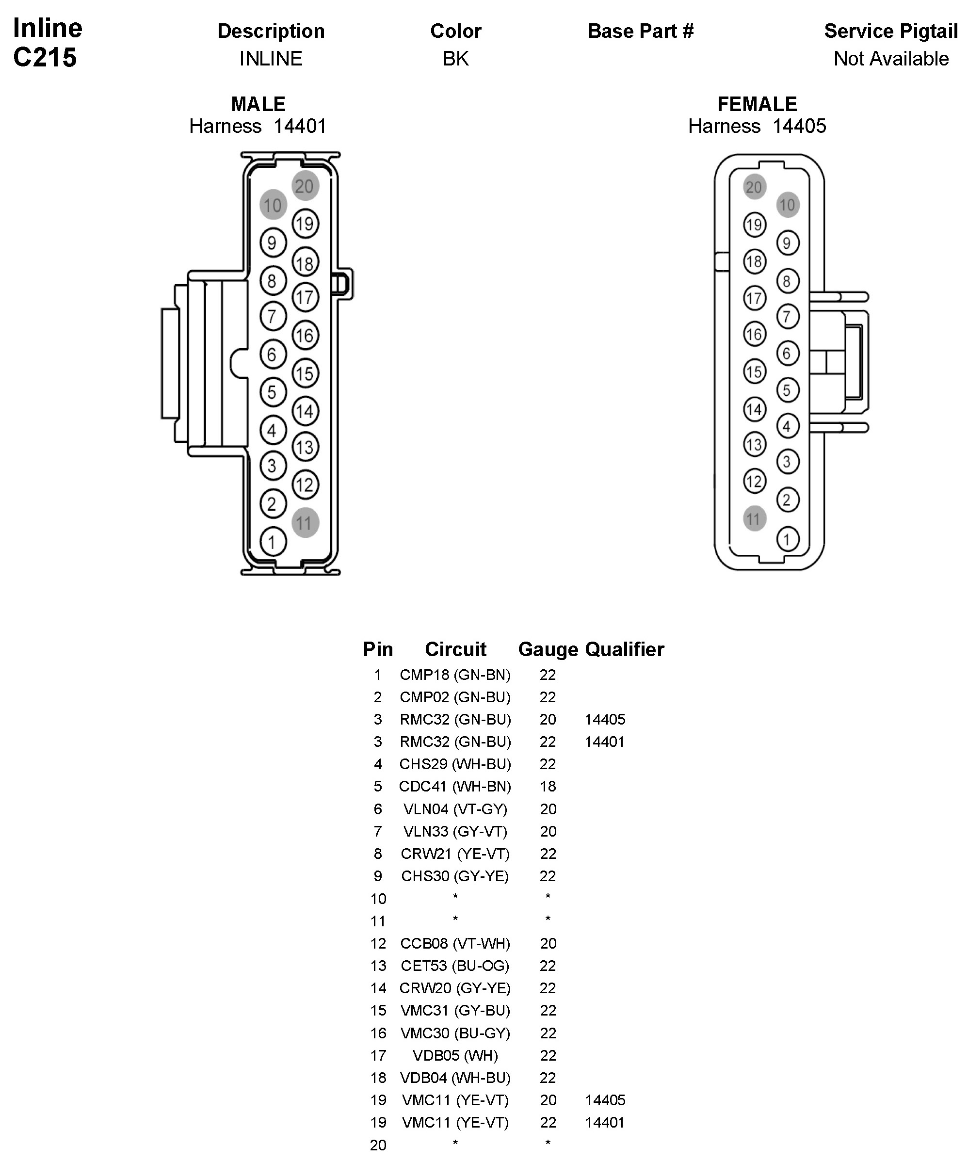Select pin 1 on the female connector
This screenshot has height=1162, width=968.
[x=787, y=539]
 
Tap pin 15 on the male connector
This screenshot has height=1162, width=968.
[x=305, y=373]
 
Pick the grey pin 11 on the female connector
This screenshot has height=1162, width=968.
[x=754, y=518]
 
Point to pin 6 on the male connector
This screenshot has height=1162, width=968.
[x=272, y=354]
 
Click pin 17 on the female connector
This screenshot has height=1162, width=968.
[x=754, y=299]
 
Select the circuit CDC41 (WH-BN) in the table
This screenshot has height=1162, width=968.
[x=455, y=786]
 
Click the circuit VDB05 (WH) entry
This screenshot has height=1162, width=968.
[x=455, y=1055]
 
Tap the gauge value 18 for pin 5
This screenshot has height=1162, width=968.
[x=548, y=786]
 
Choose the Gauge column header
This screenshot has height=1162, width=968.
[x=548, y=649]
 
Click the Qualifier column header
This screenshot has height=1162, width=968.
[x=624, y=649]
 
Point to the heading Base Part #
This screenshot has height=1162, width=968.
[x=640, y=31]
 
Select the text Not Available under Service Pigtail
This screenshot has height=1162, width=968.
[x=891, y=59]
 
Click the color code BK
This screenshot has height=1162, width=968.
[x=455, y=59]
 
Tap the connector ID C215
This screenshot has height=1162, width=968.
[x=45, y=58]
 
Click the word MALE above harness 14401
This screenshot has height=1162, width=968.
[x=258, y=104]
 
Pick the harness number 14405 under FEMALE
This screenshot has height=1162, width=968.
[x=799, y=126]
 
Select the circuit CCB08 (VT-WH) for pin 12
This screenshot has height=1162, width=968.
[x=455, y=943]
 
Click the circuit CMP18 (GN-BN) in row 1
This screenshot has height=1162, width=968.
[x=455, y=675]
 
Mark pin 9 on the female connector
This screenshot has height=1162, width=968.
[x=787, y=243]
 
